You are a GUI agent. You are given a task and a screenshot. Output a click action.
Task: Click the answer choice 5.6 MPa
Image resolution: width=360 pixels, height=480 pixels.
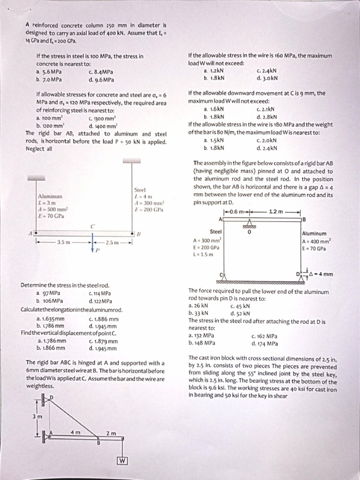point(49,72)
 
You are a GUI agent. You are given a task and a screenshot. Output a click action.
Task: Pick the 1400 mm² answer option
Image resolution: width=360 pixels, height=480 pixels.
point(101,126)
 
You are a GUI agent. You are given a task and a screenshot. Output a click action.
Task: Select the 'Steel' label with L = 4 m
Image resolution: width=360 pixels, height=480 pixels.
point(140,190)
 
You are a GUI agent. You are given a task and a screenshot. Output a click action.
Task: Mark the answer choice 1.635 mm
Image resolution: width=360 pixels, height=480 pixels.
point(51,318)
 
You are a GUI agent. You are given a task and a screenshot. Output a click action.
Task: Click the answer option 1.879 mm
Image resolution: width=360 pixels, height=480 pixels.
point(103,341)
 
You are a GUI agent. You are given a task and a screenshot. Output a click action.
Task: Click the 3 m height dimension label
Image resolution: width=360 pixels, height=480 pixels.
point(36,417)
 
